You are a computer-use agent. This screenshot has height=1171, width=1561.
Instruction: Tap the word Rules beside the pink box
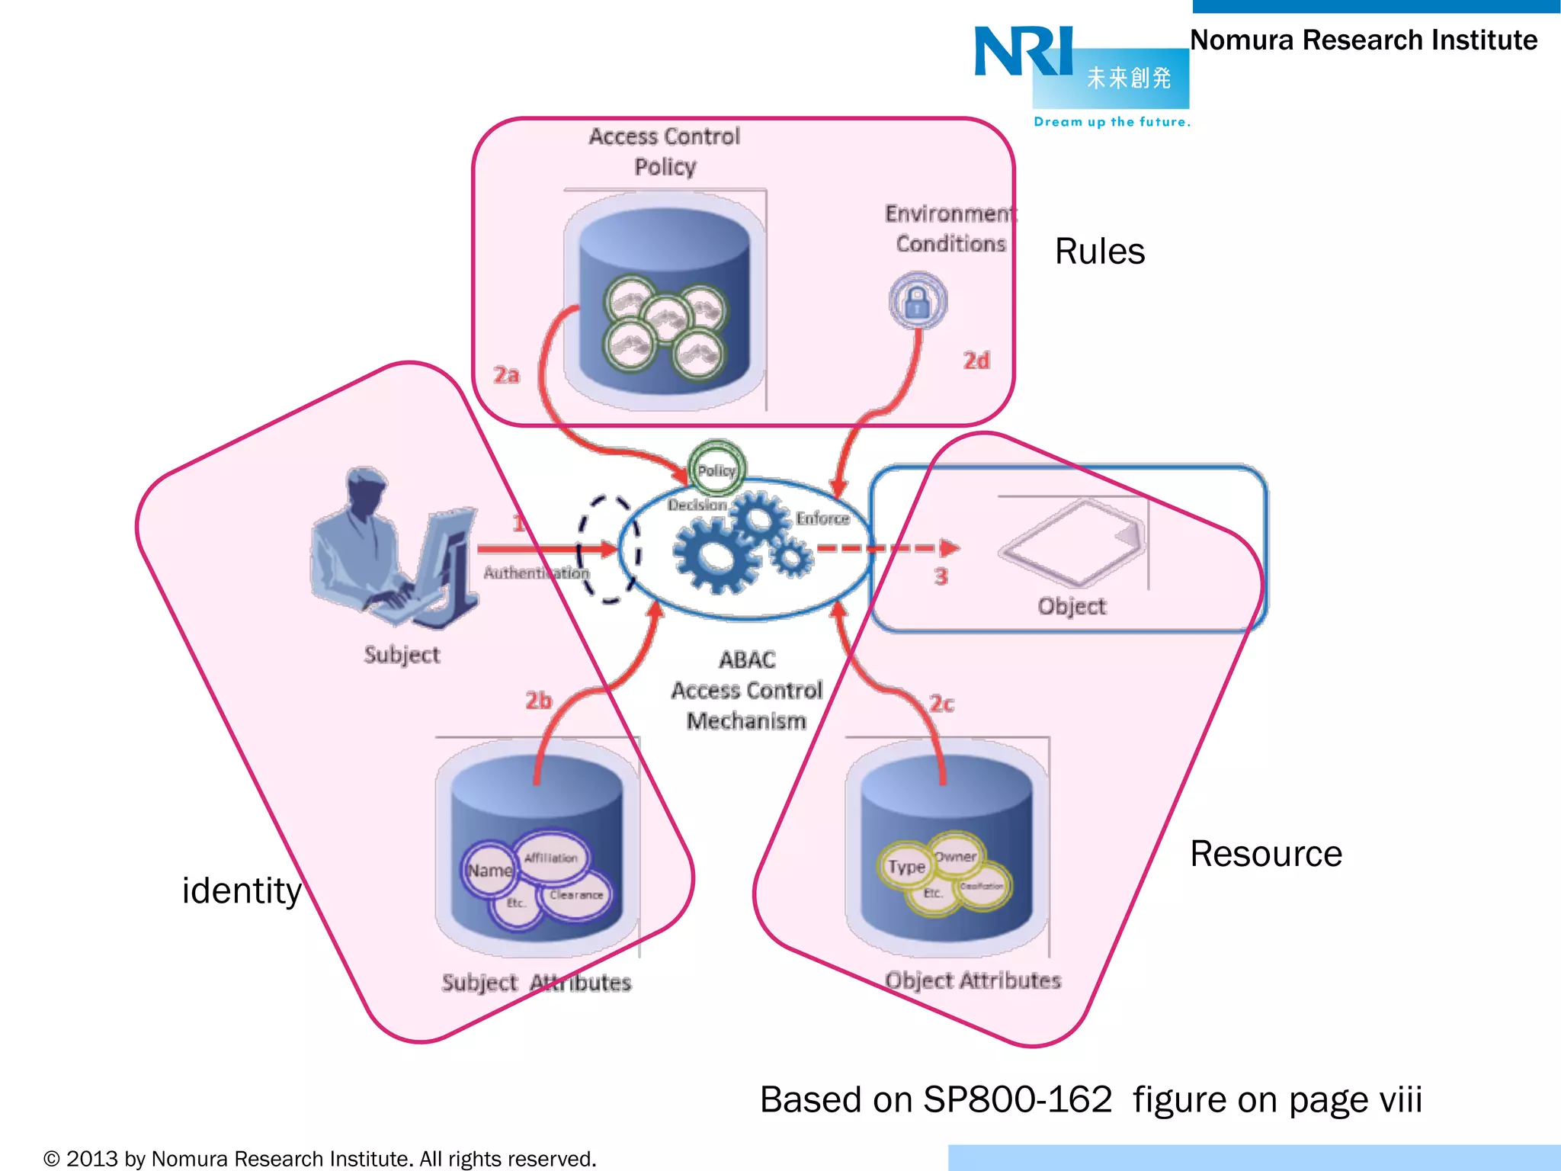pyautogui.click(x=1099, y=252)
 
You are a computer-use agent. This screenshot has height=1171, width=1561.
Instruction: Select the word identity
pyautogui.click(x=242, y=890)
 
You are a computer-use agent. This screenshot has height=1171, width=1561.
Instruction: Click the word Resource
pyautogui.click(x=1265, y=854)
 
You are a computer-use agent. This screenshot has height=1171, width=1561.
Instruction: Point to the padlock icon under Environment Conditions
pyautogui.click(x=918, y=301)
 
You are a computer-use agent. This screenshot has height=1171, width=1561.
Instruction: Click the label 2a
pyautogui.click(x=506, y=375)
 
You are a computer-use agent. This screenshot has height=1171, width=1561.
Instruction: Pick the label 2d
pyautogui.click(x=976, y=361)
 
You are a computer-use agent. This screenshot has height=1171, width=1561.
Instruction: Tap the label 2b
pyautogui.click(x=538, y=700)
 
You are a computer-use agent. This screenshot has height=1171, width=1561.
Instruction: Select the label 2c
pyautogui.click(x=941, y=703)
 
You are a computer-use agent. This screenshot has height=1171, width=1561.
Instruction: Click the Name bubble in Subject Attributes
pyautogui.click(x=489, y=870)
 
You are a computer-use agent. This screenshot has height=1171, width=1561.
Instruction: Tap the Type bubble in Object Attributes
pyautogui.click(x=906, y=867)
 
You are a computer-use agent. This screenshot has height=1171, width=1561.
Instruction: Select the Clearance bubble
pyautogui.click(x=576, y=895)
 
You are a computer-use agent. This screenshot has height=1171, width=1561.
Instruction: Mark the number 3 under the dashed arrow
pyautogui.click(x=941, y=576)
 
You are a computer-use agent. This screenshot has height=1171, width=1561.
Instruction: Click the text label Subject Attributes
pyautogui.click(x=537, y=982)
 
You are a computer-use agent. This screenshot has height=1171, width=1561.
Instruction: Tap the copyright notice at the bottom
pyautogui.click(x=320, y=1159)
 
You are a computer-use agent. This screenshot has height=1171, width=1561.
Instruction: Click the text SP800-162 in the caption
pyautogui.click(x=1018, y=1100)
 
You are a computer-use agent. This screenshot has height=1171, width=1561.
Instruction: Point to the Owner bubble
pyautogui.click(x=956, y=856)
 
